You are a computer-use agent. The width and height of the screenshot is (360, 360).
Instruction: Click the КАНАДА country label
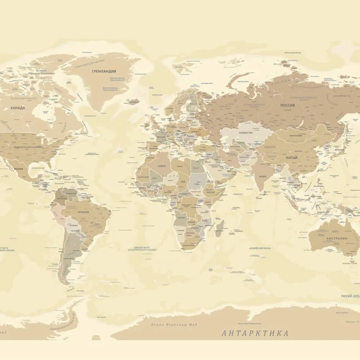pyautogui.click(x=18, y=108)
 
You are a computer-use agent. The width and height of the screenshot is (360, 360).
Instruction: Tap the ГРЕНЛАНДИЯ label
pyautogui.click(x=104, y=72)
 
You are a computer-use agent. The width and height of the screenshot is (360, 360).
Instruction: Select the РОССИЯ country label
pyautogui.click(x=288, y=105)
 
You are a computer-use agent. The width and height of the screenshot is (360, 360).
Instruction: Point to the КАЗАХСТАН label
pyautogui.click(x=246, y=133)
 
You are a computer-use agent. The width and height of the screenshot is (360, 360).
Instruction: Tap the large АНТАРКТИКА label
pyautogui.click(x=255, y=333)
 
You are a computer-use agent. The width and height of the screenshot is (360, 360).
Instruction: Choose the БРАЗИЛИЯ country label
pyautogui.click(x=84, y=212)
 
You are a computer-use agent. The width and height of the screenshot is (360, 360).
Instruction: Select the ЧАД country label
pyautogui.click(x=183, y=181)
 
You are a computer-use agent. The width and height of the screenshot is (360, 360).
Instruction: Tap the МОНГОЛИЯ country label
pyautogui.click(x=295, y=136)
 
